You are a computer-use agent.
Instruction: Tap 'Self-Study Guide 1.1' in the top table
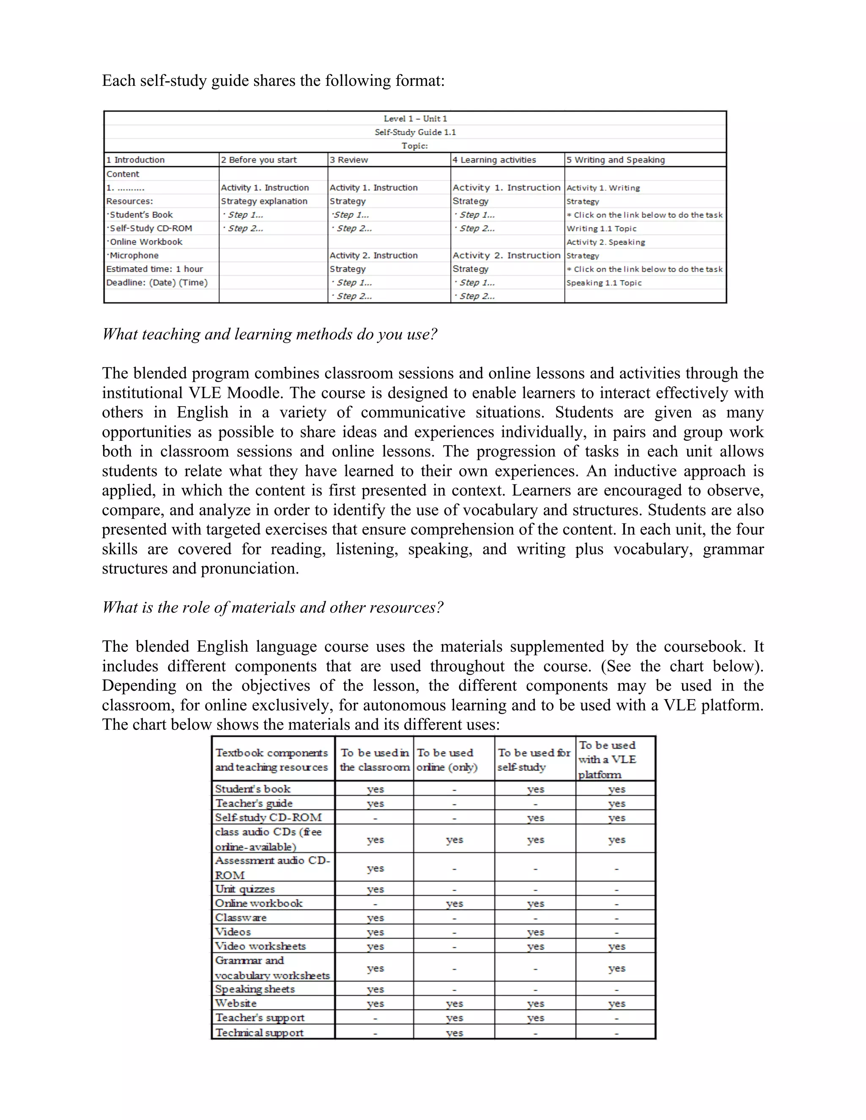click(x=415, y=132)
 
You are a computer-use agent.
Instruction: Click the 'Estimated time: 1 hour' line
click(x=154, y=269)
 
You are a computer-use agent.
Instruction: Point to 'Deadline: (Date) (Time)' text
click(x=156, y=283)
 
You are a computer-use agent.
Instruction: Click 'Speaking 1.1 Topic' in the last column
click(x=604, y=283)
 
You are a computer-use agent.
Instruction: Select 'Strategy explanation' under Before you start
click(x=264, y=201)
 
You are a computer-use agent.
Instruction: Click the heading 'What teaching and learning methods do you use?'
click(x=269, y=334)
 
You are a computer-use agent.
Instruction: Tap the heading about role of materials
click(x=272, y=608)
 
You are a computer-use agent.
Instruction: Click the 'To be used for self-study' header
click(x=534, y=759)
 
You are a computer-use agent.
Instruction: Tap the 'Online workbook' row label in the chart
click(x=258, y=903)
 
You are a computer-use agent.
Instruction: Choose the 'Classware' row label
click(x=241, y=918)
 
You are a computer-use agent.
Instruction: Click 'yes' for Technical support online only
click(x=454, y=1033)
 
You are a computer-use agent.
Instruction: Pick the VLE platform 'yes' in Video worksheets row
click(x=616, y=947)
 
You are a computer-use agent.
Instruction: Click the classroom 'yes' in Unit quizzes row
click(x=375, y=889)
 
